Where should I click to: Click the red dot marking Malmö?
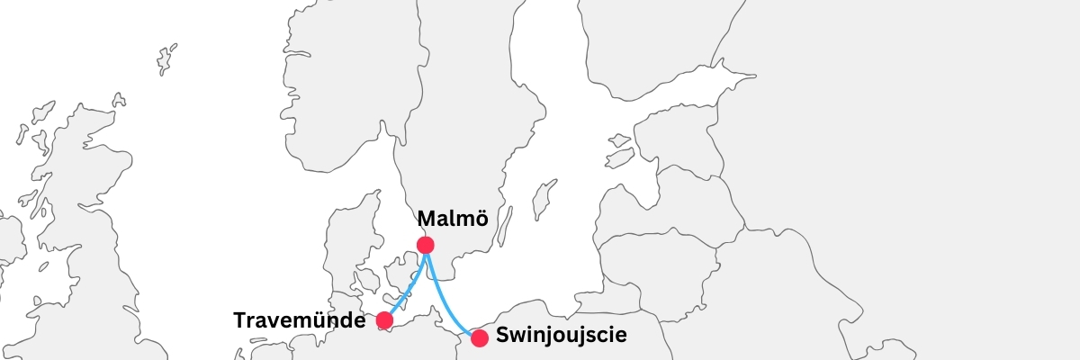[426, 245]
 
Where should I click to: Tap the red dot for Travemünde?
[384, 320]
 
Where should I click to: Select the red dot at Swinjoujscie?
[480, 338]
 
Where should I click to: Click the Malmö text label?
[453, 219]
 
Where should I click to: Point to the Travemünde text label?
[300, 320]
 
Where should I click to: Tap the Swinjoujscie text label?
[561, 337]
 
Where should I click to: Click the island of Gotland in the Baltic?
[543, 198]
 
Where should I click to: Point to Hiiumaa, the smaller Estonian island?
[620, 140]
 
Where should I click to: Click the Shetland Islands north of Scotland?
[166, 58]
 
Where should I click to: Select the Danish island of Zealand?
[398, 274]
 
